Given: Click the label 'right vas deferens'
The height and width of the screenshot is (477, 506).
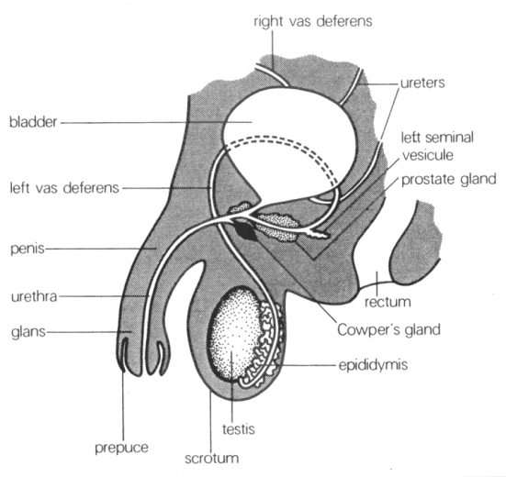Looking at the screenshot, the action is (313, 22).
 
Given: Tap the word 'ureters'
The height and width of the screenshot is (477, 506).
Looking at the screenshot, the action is (422, 83).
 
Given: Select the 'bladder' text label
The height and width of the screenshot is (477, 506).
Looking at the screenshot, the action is (33, 122).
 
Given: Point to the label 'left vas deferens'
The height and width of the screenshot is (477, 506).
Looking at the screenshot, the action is (64, 187).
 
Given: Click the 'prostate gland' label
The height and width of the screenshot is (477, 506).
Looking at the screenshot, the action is (448, 180).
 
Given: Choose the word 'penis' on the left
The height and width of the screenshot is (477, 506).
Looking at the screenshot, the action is (28, 250).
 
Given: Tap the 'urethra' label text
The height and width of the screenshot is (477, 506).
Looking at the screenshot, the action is (34, 296).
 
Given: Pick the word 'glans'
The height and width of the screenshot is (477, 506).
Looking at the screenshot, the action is (28, 332).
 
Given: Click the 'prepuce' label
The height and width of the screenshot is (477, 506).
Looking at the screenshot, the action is (121, 448).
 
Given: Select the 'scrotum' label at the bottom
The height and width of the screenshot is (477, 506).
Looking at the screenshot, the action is (212, 458).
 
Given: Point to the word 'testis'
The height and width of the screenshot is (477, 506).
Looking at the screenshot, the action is (239, 429).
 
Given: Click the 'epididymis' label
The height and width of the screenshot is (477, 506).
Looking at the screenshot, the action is (373, 365).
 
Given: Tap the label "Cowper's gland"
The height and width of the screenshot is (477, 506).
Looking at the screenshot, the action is (388, 329).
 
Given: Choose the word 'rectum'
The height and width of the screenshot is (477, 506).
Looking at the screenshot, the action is (388, 303).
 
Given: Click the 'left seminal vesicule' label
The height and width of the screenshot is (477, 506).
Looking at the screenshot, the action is (437, 146).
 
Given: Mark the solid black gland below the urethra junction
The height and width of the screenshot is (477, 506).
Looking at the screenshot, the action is (246, 229).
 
